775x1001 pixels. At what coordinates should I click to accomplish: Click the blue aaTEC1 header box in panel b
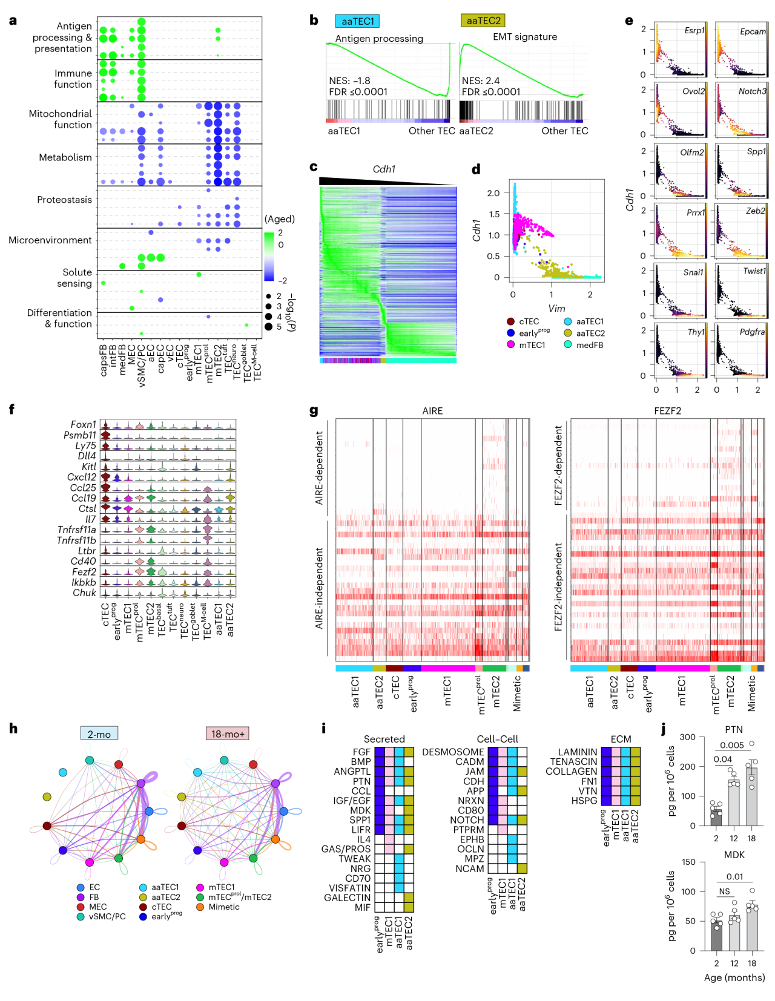(x=357, y=21)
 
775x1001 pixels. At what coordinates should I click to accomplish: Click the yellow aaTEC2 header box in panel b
(x=483, y=21)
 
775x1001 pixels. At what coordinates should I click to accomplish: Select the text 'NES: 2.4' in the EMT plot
(x=481, y=80)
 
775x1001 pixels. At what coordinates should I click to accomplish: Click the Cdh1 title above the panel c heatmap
(x=384, y=169)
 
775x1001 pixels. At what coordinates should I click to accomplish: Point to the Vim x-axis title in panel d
(x=556, y=309)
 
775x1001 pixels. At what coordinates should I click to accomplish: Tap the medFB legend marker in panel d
(x=568, y=344)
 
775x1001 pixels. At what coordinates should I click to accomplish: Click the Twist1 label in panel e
(x=754, y=271)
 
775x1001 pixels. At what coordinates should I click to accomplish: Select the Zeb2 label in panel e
(x=756, y=211)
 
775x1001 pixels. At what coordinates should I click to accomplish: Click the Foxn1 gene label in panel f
(x=83, y=424)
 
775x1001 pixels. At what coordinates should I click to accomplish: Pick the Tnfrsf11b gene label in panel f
(x=76, y=540)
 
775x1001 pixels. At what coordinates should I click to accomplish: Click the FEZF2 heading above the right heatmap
(x=667, y=411)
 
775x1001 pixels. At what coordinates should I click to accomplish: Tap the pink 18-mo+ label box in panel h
(x=228, y=734)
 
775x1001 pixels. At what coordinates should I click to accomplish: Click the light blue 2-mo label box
(x=99, y=734)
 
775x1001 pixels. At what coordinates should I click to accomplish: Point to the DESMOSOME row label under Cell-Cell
(x=453, y=752)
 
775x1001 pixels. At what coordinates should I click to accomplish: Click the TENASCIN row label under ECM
(x=573, y=761)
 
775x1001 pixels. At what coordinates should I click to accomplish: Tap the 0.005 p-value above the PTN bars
(x=731, y=746)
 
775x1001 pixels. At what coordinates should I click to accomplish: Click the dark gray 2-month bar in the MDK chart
(x=716, y=935)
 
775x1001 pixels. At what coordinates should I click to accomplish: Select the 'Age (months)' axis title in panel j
(x=734, y=977)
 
